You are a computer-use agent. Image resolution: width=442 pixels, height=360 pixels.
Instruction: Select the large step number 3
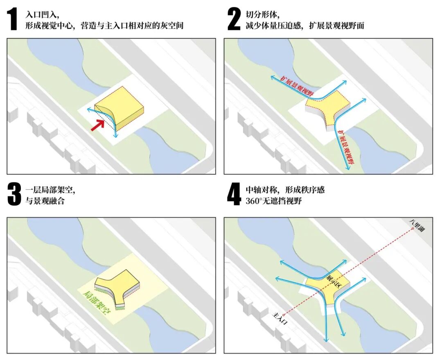coord(14,194)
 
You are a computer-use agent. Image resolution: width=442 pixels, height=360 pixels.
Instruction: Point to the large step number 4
coord(234,194)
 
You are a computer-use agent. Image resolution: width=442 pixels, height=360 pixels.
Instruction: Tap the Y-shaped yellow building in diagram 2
coord(327,107)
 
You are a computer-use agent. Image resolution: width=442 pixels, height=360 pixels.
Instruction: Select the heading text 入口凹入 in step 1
coord(42,14)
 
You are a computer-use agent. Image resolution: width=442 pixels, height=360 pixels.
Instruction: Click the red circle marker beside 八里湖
coord(413,229)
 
